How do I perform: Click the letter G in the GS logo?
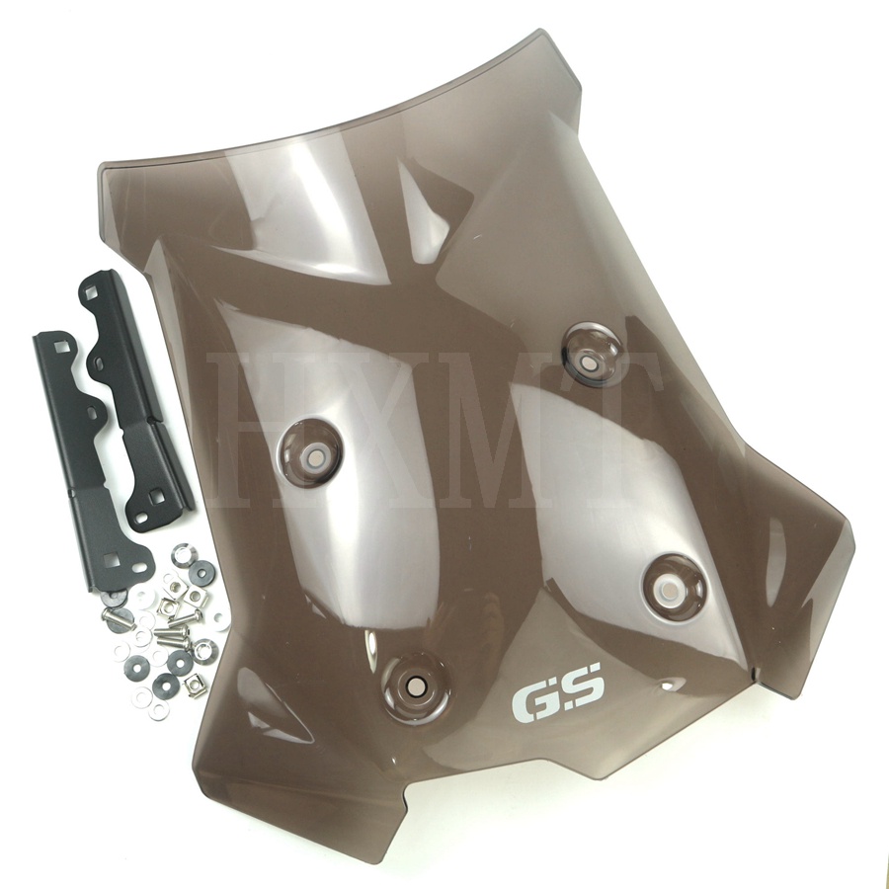tap(533, 702)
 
